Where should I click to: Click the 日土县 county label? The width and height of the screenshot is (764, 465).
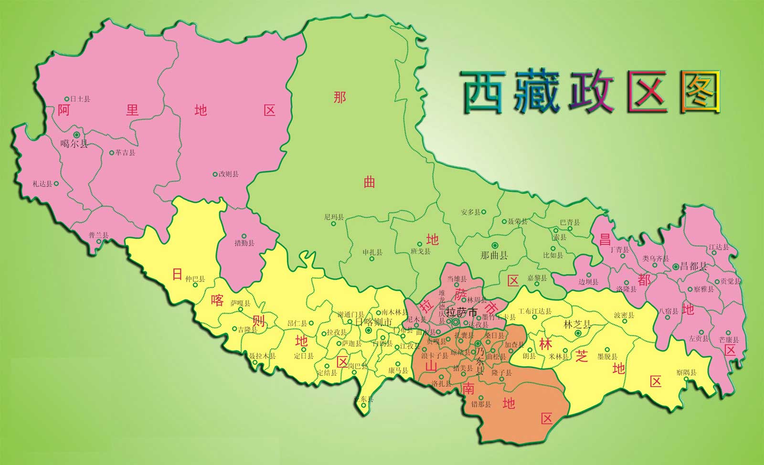tap(80, 99)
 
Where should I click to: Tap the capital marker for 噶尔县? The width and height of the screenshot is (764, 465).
tap(76, 135)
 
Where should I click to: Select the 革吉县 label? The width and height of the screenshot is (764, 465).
tap(125, 153)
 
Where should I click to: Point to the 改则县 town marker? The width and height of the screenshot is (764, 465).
tap(215, 174)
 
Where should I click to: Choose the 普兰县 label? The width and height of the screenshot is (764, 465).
tap(98, 235)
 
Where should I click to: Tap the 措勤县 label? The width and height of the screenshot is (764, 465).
tap(244, 243)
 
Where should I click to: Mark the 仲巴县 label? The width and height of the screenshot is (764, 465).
tap(195, 279)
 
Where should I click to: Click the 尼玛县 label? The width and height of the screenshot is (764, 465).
tap(334, 217)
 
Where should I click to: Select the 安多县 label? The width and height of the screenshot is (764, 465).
tap(471, 212)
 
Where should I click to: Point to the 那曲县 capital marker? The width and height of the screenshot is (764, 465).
tap(494, 245)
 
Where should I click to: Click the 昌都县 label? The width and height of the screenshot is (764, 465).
tap(693, 266)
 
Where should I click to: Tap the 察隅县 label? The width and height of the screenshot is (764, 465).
tap(686, 372)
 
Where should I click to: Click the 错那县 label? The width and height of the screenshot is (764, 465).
tap(481, 404)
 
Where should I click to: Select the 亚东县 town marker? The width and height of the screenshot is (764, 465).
tap(364, 405)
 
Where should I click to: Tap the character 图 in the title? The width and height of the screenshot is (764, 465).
tap(700, 92)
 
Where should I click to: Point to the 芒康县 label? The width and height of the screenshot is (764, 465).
tap(729, 340)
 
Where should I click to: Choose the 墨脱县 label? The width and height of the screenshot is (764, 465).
tap(607, 357)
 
